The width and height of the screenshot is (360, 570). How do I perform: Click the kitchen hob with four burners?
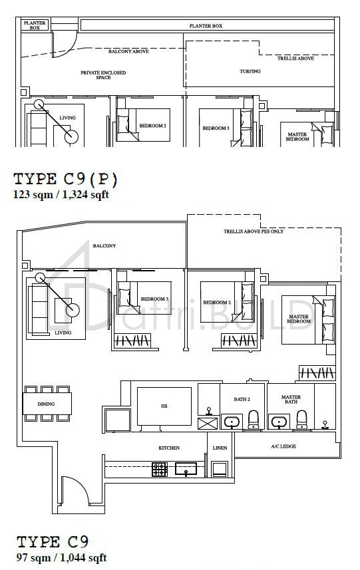point(160,470)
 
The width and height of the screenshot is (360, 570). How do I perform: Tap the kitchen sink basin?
point(186,469)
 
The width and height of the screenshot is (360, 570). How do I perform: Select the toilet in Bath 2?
point(253,420)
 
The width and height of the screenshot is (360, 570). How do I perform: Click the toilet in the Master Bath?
point(301,420)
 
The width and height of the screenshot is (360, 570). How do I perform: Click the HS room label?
point(164,406)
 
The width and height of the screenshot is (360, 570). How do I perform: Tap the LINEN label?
point(220,448)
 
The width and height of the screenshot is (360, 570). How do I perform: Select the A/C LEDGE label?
point(283,446)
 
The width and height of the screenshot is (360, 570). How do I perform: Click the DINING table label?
point(46,404)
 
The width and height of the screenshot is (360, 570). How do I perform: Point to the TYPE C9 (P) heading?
point(65,179)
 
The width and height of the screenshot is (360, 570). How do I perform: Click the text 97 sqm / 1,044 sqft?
point(62,557)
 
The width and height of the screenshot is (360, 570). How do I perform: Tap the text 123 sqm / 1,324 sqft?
point(61,194)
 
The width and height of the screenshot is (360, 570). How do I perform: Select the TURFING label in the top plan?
point(250,71)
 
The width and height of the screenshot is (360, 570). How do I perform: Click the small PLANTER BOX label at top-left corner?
point(35,25)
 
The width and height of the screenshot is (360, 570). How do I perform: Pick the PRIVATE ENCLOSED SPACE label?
point(103,75)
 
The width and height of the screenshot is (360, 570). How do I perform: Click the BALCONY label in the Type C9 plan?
point(104,245)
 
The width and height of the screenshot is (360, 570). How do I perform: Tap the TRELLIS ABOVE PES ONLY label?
point(254,231)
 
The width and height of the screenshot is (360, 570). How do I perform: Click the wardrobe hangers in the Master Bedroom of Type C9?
point(317,373)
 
